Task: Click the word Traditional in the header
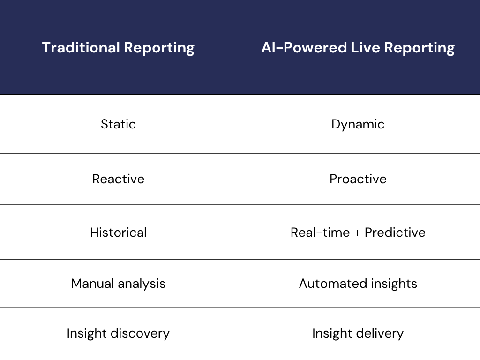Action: pyautogui.click(x=81, y=47)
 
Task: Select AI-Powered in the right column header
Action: pyautogui.click(x=304, y=47)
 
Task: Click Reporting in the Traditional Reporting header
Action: pyautogui.click(x=159, y=48)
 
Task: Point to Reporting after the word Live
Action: pyautogui.click(x=420, y=48)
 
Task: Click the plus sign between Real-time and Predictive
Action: pyautogui.click(x=357, y=232)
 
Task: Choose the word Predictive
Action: pyautogui.click(x=395, y=232)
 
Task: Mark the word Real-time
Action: pyautogui.click(x=320, y=232)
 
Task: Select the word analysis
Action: pyautogui.click(x=142, y=284)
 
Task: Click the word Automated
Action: pyautogui.click(x=333, y=284)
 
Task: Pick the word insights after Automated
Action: pyautogui.click(x=394, y=284)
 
